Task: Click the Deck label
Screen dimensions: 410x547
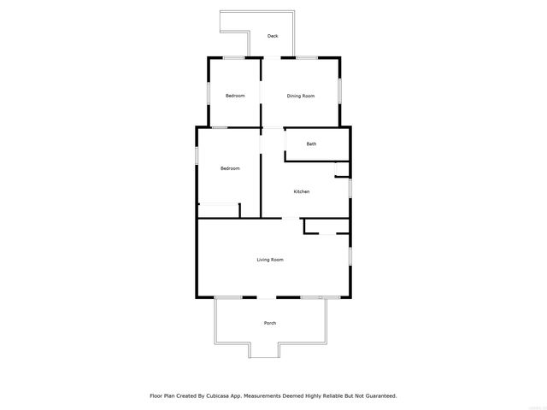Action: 273,36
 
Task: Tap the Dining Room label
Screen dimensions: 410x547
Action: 301,96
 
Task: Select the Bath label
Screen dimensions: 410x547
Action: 312,143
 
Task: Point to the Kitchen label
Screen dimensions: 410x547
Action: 302,191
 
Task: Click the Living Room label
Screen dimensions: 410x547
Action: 270,259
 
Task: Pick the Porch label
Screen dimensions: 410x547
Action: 270,323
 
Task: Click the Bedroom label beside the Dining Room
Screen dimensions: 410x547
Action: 235,96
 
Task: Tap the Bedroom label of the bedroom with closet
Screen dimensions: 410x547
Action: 230,168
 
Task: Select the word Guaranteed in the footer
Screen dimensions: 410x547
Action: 378,396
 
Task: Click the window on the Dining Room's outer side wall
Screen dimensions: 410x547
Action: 339,90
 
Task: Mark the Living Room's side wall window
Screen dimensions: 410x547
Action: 350,255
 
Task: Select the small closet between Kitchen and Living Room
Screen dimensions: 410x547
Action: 326,226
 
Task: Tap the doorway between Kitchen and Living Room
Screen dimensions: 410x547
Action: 291,219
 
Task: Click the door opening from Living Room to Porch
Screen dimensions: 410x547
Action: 268,297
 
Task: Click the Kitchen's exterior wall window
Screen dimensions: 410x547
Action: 350,186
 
